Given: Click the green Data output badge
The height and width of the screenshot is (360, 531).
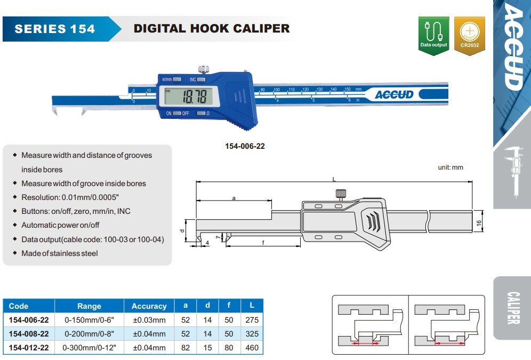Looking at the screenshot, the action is tap(433, 35).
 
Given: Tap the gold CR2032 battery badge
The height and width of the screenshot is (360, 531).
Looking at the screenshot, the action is tap(469, 35).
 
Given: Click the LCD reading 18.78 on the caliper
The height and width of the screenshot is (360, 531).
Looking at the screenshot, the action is tap(195, 96).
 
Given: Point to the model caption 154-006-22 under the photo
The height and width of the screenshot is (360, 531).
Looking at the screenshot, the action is tap(245, 146).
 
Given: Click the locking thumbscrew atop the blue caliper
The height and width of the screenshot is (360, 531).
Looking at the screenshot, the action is tap(204, 69).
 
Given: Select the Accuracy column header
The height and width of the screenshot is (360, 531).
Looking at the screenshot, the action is tap(149, 306).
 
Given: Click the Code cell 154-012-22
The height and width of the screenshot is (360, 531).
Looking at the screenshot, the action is tap(29, 348).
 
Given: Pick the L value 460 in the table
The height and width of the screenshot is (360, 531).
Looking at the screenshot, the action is tap(252, 348).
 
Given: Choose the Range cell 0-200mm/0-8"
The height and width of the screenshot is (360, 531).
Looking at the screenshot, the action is tap(89, 334).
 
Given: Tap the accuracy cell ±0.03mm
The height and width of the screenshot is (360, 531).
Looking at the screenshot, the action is tap(149, 320).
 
